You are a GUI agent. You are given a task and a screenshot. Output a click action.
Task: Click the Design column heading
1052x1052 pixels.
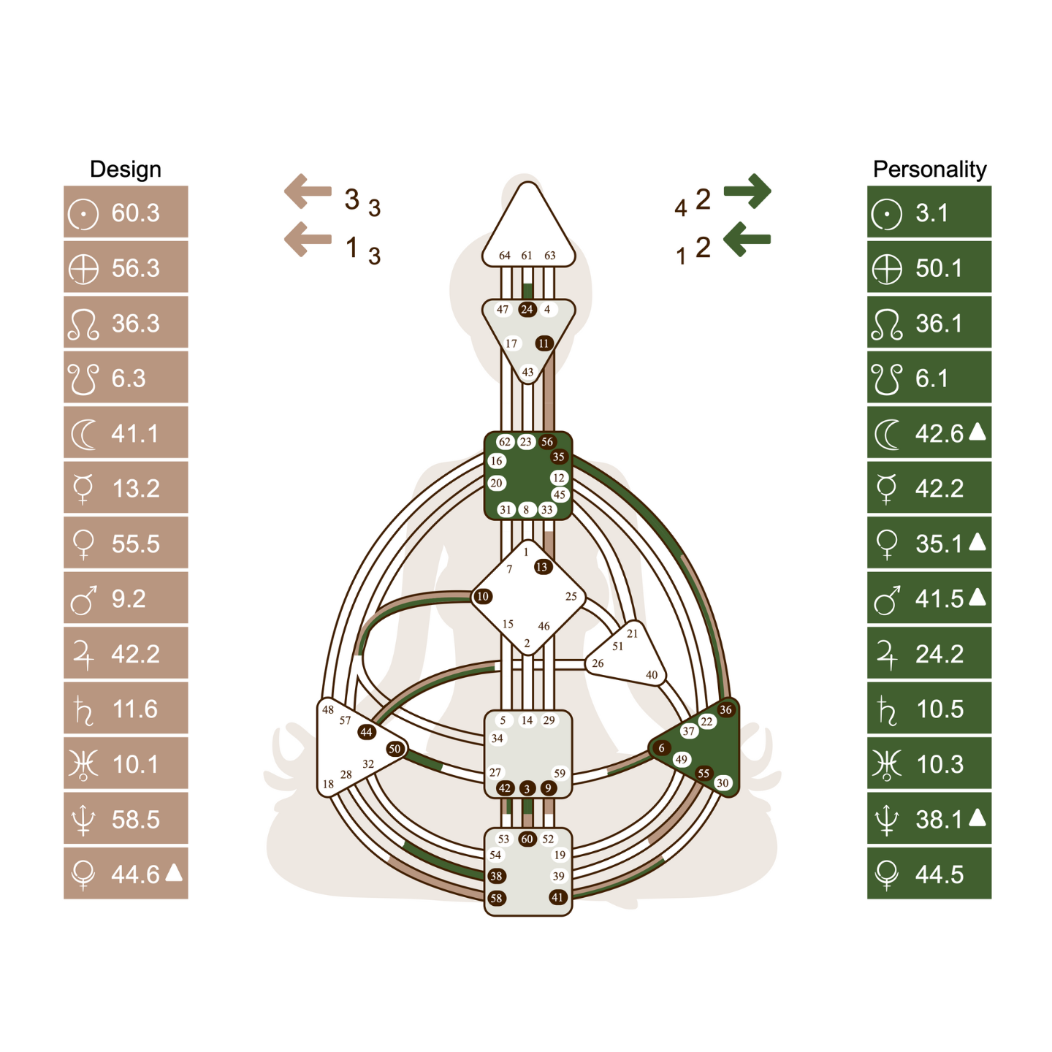point(125,169)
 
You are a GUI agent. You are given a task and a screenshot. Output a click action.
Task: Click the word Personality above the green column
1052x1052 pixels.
point(929,169)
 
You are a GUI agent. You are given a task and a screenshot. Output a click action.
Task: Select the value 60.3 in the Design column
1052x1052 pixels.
point(135,213)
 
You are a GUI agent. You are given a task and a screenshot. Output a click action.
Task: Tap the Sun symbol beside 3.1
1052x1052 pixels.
point(887,214)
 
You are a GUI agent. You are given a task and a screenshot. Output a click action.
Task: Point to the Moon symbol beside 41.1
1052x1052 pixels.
point(83,435)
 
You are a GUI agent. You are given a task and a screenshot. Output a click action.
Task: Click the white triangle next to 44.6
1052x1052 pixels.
point(174,872)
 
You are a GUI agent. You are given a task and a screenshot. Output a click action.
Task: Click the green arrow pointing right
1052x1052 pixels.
point(747,191)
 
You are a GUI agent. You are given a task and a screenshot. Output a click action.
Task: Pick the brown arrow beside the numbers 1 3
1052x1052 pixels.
point(308,239)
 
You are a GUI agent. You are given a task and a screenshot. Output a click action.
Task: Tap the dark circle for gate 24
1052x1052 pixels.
point(527,310)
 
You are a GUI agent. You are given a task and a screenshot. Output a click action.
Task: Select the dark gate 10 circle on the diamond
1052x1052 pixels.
point(483,596)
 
